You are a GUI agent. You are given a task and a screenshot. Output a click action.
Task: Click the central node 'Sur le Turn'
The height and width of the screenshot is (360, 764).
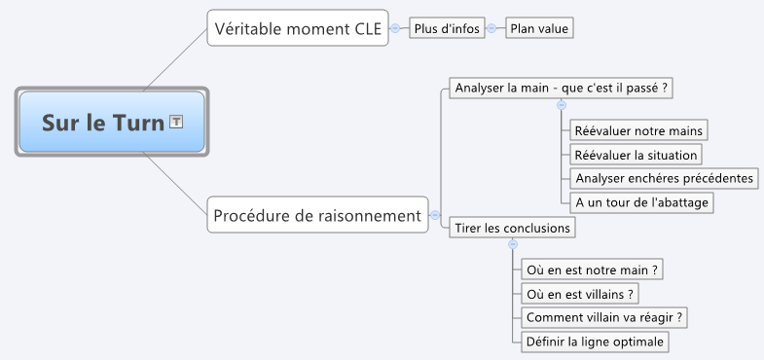(112, 122)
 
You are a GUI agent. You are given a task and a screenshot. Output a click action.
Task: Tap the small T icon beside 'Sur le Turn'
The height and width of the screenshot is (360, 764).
(176, 122)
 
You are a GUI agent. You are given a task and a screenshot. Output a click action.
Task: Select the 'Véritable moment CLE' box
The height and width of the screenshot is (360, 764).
(298, 28)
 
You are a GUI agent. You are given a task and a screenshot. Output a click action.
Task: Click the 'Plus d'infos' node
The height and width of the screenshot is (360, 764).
(447, 28)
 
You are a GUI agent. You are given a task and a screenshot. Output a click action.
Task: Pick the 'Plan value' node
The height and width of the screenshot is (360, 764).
(539, 28)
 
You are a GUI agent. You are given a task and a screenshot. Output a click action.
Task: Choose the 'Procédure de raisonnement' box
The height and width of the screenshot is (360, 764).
(317, 215)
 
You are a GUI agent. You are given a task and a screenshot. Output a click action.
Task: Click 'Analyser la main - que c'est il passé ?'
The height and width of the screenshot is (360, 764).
(561, 89)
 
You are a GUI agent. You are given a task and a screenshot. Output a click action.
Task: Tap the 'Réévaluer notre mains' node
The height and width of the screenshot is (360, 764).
(638, 130)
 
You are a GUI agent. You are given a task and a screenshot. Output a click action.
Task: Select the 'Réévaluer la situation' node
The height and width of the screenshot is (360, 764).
(636, 155)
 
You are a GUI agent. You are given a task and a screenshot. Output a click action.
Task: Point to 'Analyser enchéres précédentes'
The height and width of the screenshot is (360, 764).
(664, 178)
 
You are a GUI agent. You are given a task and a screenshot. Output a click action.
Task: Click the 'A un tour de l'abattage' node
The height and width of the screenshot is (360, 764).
(641, 202)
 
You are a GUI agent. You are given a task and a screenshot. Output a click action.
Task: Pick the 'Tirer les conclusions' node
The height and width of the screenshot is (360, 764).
(512, 228)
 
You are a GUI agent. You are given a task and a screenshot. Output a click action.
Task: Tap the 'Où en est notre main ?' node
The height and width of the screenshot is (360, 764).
(592, 270)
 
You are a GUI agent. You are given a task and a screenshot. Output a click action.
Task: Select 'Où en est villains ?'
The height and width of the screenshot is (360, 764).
(580, 294)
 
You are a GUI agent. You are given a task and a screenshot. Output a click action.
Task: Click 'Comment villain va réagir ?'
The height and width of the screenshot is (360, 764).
(604, 317)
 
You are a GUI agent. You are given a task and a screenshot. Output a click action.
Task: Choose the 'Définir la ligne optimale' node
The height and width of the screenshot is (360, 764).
(595, 342)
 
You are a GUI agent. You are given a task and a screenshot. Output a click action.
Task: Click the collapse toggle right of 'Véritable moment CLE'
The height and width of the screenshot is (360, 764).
(395, 28)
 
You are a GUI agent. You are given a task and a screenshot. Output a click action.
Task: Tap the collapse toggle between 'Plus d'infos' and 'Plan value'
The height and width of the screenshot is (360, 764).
(491, 28)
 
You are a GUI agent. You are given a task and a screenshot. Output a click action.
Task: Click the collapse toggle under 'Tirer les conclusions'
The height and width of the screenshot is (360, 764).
(513, 244)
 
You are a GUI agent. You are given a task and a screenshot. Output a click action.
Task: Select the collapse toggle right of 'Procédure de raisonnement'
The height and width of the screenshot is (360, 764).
(435, 215)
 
